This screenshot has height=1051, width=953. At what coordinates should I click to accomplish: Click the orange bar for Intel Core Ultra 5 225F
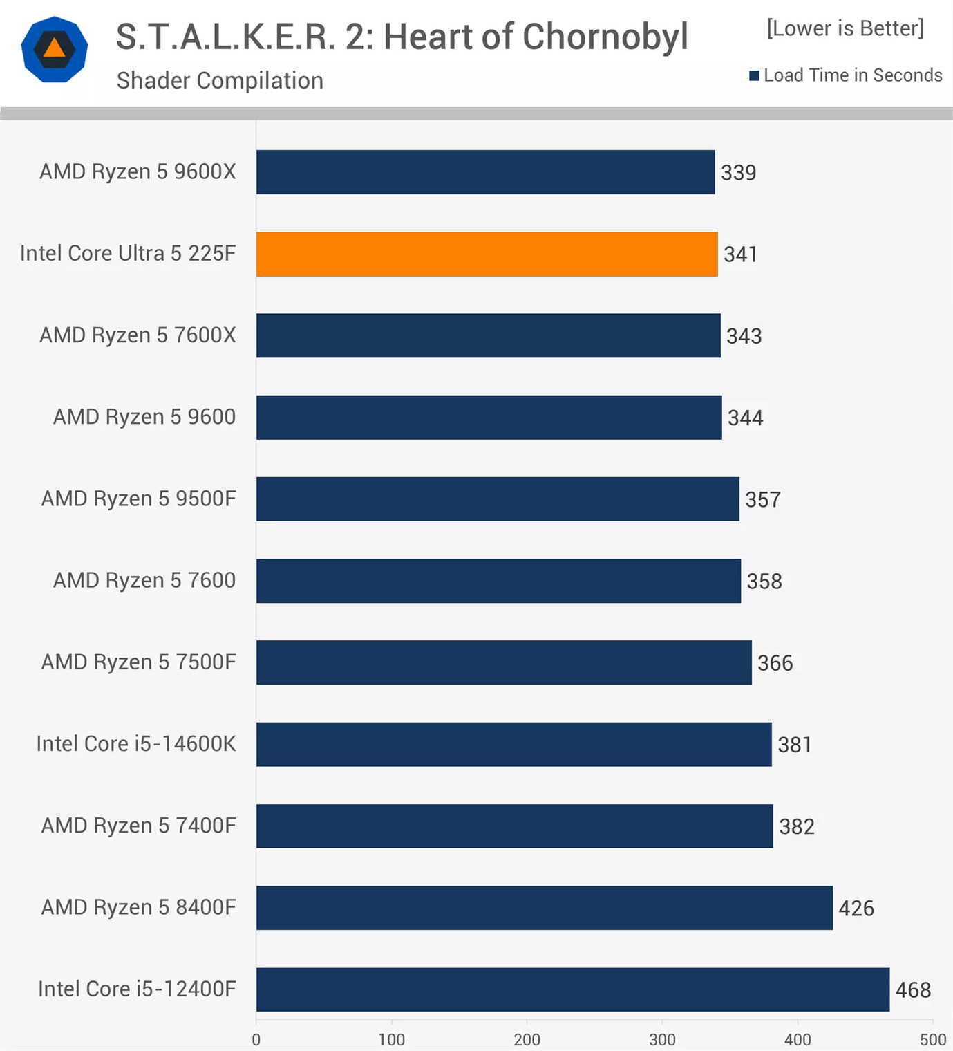click(x=487, y=254)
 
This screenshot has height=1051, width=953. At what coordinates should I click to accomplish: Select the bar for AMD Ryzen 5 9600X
click(x=485, y=172)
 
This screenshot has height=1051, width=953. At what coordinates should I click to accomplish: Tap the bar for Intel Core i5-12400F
click(x=572, y=989)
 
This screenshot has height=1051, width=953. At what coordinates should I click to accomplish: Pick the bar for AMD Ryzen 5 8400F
click(x=544, y=908)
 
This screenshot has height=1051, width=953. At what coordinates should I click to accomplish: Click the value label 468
click(x=913, y=990)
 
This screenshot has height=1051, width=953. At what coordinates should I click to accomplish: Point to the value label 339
click(x=738, y=173)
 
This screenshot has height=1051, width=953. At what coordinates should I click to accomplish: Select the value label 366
click(x=775, y=663)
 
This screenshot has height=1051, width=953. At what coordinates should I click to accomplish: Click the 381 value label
click(x=795, y=745)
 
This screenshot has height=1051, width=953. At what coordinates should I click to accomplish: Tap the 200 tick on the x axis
click(x=527, y=1039)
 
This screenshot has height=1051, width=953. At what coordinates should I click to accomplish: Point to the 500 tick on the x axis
click(x=932, y=1039)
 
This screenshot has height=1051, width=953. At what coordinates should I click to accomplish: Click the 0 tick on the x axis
click(x=256, y=1039)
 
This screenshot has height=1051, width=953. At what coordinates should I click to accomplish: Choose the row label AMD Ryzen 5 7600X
click(x=138, y=335)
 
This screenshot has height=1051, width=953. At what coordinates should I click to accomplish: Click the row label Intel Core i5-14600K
click(x=136, y=744)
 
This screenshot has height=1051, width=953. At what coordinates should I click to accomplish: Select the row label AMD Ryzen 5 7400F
click(x=138, y=826)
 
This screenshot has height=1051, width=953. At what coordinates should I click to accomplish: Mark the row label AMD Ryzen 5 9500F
click(x=138, y=499)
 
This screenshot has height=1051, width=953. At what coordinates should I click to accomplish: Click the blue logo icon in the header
click(x=55, y=50)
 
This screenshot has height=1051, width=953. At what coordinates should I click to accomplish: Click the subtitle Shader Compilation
click(x=220, y=81)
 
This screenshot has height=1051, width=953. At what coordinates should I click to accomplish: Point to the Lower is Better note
click(x=845, y=28)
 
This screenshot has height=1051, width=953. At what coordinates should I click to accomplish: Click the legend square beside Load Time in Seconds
click(x=754, y=75)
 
